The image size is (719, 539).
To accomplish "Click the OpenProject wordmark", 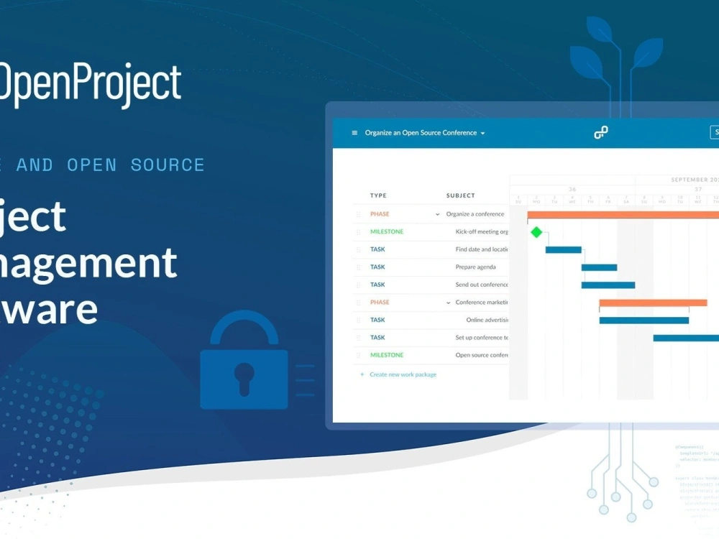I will (90, 85).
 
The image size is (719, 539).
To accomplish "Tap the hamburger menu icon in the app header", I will (354, 133).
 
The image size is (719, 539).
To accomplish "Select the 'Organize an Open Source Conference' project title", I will (421, 133).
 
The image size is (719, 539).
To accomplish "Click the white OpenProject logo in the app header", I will (600, 132).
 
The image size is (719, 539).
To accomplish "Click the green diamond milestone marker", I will (536, 231).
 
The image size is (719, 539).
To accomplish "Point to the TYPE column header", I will (378, 195).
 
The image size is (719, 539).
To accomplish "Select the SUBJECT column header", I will (460, 195).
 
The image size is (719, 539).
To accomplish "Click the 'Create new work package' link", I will (403, 374).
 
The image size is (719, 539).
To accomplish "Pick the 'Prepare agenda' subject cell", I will (475, 267).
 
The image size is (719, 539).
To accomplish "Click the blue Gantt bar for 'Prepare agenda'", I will (599, 267).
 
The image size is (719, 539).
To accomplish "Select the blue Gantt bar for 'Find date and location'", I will (563, 249).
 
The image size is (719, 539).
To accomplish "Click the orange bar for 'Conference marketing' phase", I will (653, 303).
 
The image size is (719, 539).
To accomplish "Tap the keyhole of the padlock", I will (244, 374).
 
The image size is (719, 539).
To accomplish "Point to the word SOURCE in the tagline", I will (168, 165).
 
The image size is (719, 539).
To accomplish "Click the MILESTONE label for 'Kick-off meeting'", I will (387, 232).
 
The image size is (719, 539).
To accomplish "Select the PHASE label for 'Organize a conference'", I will (380, 214).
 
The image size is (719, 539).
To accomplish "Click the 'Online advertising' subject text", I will (487, 320).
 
